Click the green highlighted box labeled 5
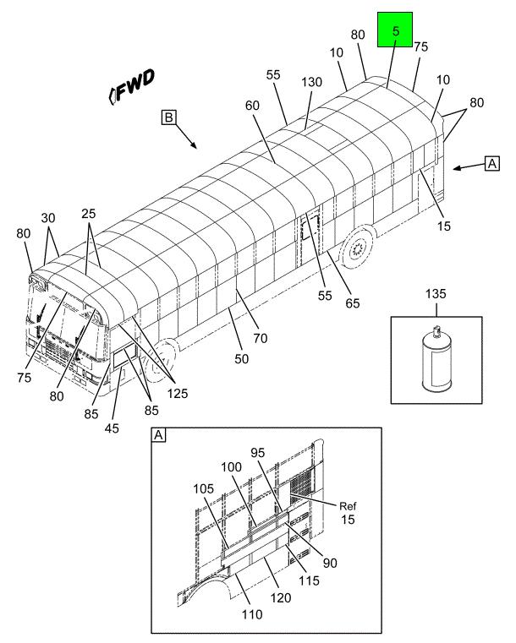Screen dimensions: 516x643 (x=395, y=30)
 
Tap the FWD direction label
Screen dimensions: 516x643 (x=132, y=86)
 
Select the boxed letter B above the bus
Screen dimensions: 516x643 (x=168, y=117)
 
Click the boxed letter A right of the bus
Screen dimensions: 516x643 (x=491, y=164)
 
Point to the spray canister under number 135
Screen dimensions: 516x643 (x=436, y=357)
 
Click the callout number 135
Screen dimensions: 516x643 (x=436, y=293)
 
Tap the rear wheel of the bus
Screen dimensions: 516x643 (x=357, y=248)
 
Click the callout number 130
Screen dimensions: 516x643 (x=311, y=82)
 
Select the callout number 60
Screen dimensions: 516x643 (x=252, y=106)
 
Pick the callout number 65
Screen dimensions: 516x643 (x=352, y=303)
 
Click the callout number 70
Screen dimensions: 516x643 (x=261, y=338)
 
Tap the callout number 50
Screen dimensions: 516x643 (x=241, y=359)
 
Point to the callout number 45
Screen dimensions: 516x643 (x=112, y=428)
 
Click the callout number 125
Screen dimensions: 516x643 (x=178, y=393)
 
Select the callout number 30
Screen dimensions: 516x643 (x=48, y=218)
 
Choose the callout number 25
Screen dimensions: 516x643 (x=88, y=213)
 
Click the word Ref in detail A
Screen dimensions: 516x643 (x=348, y=506)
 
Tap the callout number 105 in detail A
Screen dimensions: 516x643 (x=204, y=488)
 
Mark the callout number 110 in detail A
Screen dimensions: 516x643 (x=251, y=614)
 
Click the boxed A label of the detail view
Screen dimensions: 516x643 (x=158, y=435)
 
